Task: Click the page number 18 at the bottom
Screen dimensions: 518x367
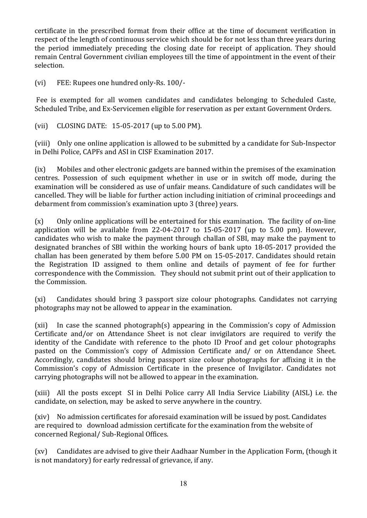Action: pyautogui.click(x=183, y=483)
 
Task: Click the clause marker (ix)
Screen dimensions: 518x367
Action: pyautogui.click(x=40, y=169)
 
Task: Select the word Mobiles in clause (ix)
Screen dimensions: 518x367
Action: pyautogui.click(x=70, y=169)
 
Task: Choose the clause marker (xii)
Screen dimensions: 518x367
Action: pyautogui.click(x=41, y=325)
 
